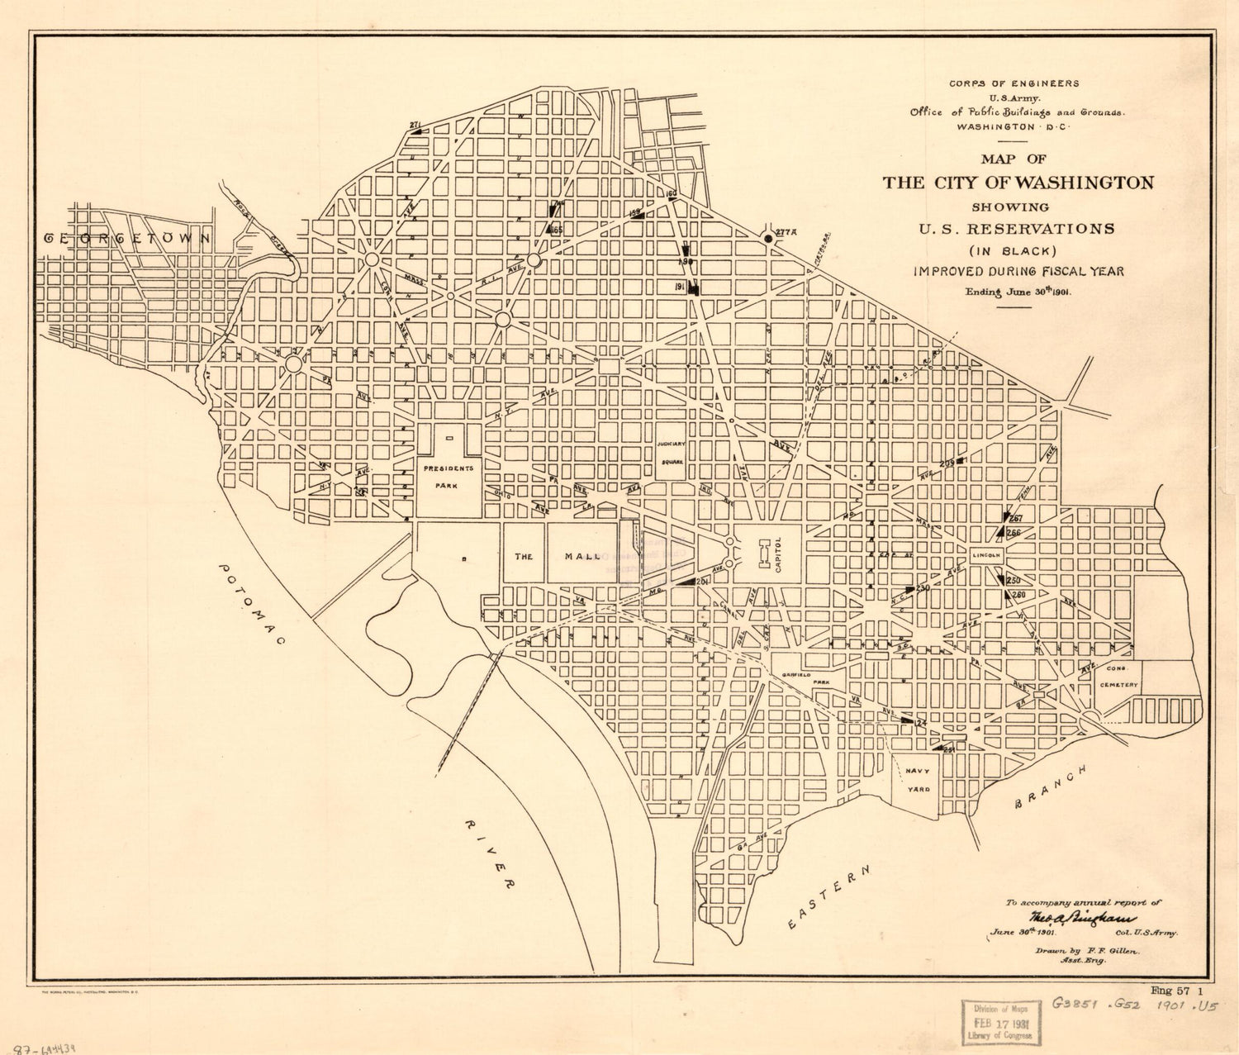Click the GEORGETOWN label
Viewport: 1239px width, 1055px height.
[x=128, y=238]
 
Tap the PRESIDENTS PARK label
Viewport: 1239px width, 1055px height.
[x=449, y=477]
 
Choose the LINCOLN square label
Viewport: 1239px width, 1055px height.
[x=987, y=555]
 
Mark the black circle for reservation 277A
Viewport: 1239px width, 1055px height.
[x=768, y=238]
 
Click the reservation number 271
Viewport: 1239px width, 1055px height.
[x=415, y=125]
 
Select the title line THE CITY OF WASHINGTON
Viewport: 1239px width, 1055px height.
[x=1018, y=183]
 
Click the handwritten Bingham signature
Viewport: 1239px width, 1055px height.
[x=1082, y=918]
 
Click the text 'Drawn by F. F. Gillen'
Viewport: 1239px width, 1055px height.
[x=1086, y=951]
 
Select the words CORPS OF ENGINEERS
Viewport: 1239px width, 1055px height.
[x=1014, y=83]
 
